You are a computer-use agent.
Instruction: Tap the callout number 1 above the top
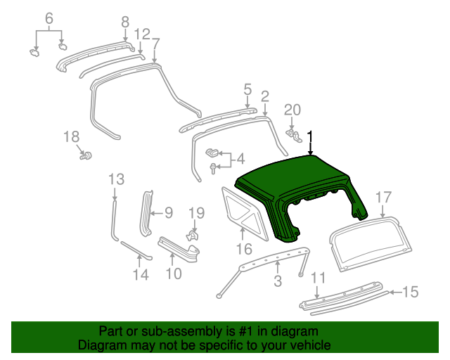point(310,136)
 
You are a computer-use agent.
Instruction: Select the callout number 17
point(382,197)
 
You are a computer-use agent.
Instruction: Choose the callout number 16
point(243,248)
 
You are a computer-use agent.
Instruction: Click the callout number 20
point(292,109)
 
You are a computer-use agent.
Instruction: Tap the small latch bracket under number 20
point(294,133)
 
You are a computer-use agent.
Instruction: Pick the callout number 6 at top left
point(49,18)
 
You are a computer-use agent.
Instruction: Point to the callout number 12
point(141,34)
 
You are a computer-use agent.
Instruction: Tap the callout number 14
point(141,275)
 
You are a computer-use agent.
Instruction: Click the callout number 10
point(173,274)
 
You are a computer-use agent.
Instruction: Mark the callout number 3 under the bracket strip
point(277,281)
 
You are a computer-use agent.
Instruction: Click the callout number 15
point(410,291)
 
